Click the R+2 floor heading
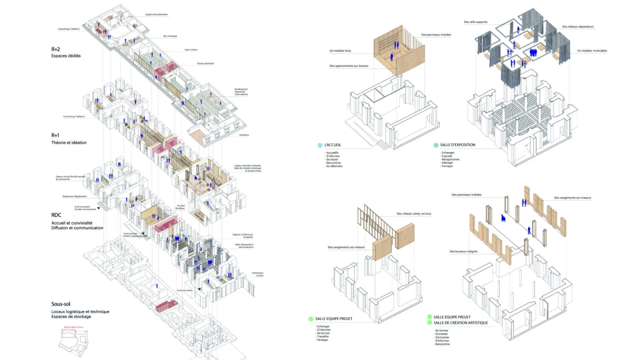[x=55, y=49]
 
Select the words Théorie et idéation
[x=69, y=142]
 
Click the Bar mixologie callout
[x=170, y=36]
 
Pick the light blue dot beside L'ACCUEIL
[x=319, y=145]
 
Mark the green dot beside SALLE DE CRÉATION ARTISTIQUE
[x=429, y=323]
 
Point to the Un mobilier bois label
[x=341, y=51]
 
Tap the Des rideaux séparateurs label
[x=578, y=26]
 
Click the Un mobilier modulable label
[x=592, y=51]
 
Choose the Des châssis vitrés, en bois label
[x=414, y=214]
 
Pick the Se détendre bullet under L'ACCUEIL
[x=334, y=166]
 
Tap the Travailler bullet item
[x=323, y=337]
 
